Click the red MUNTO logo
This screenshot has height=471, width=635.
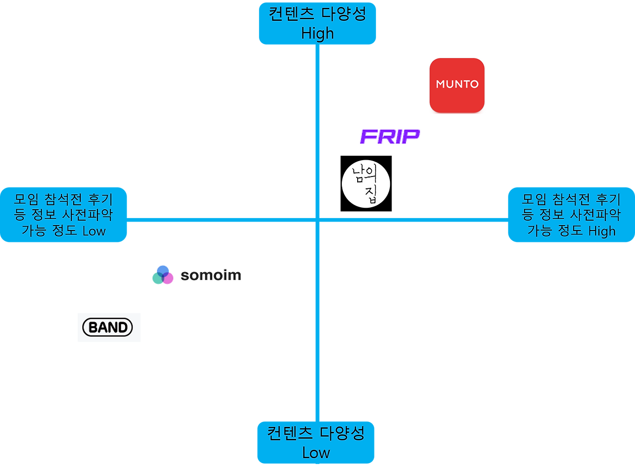point(457,85)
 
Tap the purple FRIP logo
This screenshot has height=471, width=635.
point(390,137)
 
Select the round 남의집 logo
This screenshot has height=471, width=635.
point(366,183)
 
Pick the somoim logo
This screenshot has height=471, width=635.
point(196,274)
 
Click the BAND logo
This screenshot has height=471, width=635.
point(109,327)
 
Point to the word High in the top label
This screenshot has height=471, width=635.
point(317,34)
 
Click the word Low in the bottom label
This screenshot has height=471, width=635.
point(316,453)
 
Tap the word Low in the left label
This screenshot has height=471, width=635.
point(94,231)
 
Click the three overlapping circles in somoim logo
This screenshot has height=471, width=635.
point(163,274)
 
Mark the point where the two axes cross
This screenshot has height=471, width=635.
point(317,220)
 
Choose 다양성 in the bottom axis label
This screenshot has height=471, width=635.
point(342,433)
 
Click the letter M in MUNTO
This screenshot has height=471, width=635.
point(441,84)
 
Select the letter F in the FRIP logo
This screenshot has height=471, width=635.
point(368,137)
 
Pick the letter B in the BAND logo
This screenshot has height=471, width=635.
point(92,327)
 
